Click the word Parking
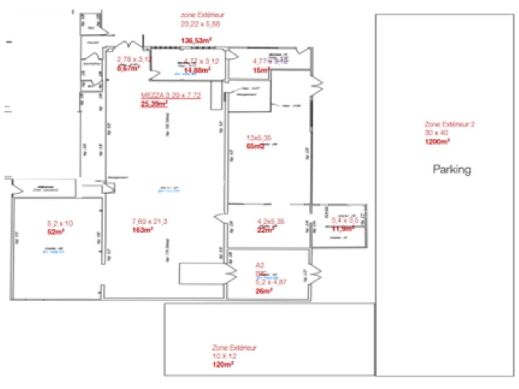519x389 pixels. click(452, 169)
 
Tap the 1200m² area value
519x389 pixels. click(437, 141)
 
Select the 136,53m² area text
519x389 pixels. click(196, 41)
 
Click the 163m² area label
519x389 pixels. click(142, 230)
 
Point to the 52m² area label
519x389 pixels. click(56, 232)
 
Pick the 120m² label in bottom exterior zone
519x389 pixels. click(223, 365)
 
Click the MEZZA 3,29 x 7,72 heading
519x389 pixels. click(171, 96)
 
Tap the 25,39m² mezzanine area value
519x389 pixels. click(154, 104)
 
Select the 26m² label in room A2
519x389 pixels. click(264, 291)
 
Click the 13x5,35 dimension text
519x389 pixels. click(259, 138)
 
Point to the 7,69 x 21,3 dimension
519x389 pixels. click(150, 221)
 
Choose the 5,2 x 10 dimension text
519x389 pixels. click(60, 223)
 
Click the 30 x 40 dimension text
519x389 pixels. click(436, 133)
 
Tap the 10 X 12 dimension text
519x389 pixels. click(224, 356)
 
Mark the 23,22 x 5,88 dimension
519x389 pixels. click(200, 24)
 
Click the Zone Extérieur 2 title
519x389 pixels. click(449, 124)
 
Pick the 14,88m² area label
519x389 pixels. click(197, 70)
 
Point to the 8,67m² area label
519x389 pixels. click(128, 68)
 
